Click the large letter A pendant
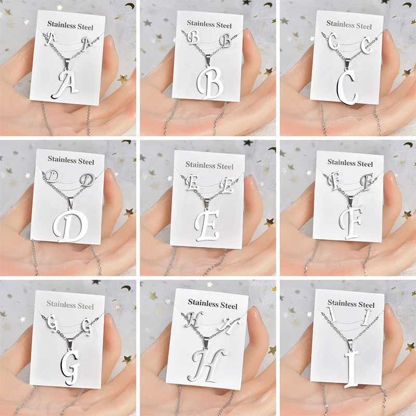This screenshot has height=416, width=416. click(65, 85)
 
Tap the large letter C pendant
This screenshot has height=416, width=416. click(346, 87)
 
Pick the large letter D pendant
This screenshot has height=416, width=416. click(70, 226)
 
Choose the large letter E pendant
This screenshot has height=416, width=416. click(207, 225)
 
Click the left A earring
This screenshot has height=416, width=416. click(51, 38)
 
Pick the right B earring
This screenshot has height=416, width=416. click(226, 42)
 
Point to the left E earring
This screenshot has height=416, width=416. click(191, 183)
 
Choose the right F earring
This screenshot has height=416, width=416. click(367, 181)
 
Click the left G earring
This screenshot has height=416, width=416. click(51, 322)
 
